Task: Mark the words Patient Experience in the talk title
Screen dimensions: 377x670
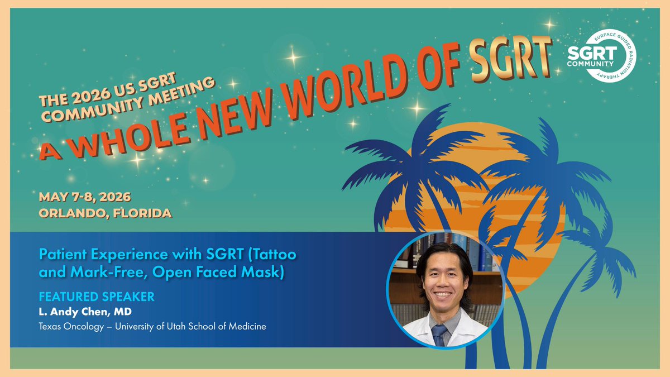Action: [x=95, y=254]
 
